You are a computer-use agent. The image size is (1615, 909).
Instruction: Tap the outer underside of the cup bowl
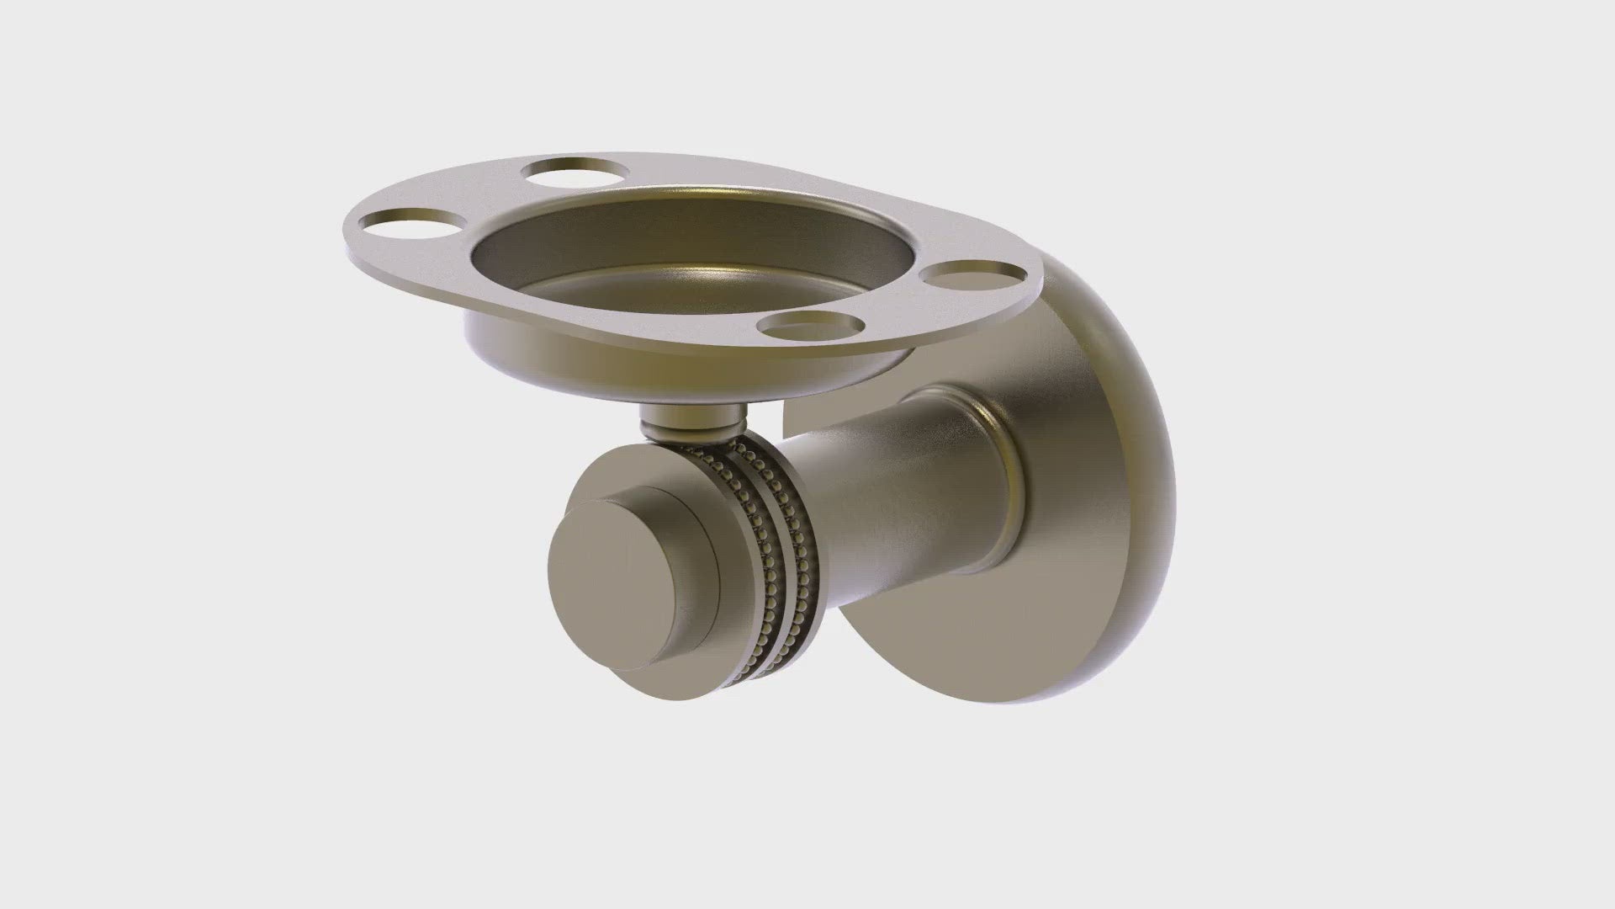(x=589, y=353)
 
